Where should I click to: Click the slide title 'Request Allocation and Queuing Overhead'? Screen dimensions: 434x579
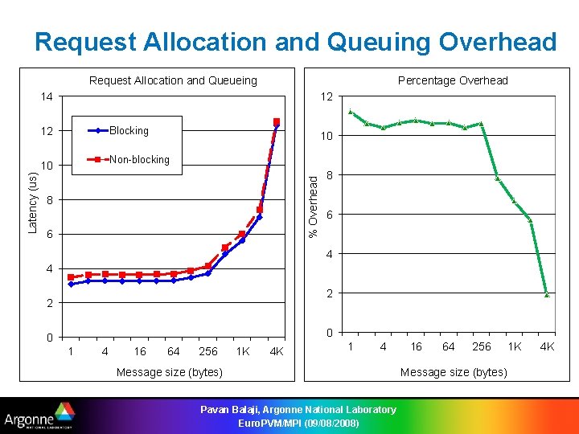pyautogui.click(x=295, y=42)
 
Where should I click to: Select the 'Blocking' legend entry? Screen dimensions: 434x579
pyautogui.click(x=129, y=130)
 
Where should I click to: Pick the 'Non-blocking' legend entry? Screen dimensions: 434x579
pyautogui.click(x=139, y=160)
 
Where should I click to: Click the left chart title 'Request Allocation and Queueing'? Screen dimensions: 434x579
pyautogui.click(x=173, y=80)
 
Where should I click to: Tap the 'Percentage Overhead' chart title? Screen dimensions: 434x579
pyautogui.click(x=453, y=80)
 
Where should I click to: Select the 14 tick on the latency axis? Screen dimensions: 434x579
pyautogui.click(x=47, y=97)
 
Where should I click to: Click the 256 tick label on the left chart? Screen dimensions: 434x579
pyautogui.click(x=207, y=352)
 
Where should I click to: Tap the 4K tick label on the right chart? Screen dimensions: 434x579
pyautogui.click(x=547, y=347)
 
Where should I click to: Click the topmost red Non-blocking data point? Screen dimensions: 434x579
pyautogui.click(x=277, y=122)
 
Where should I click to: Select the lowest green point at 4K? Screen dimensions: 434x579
pyautogui.click(x=547, y=295)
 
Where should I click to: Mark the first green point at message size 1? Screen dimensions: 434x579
pyautogui.click(x=350, y=112)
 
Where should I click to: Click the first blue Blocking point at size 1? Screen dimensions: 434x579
pyautogui.click(x=71, y=284)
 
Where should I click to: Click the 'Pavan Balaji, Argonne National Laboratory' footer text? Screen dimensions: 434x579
pyautogui.click(x=298, y=410)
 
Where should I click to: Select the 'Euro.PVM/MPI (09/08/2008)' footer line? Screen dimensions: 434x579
pyautogui.click(x=298, y=423)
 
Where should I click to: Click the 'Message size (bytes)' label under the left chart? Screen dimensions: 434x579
pyautogui.click(x=170, y=372)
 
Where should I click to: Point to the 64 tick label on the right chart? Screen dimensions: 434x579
pyautogui.click(x=448, y=347)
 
